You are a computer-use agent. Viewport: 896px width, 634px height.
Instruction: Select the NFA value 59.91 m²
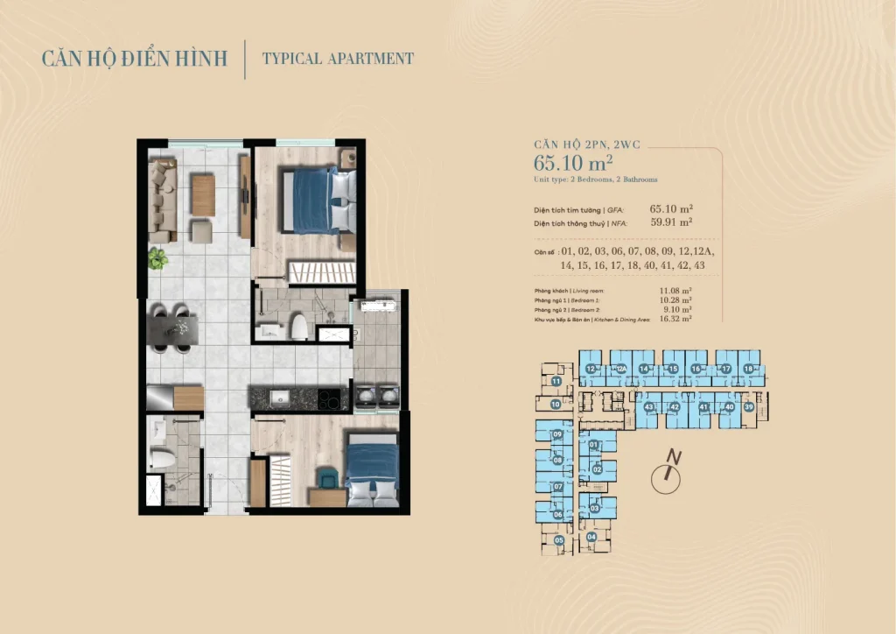pyautogui.click(x=671, y=222)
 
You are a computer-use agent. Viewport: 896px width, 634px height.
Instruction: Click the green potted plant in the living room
pyautogui.click(x=157, y=258)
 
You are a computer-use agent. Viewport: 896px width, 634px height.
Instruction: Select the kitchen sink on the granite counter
pyautogui.click(x=279, y=398)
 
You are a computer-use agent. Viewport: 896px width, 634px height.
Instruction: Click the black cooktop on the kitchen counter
pyautogui.click(x=329, y=400)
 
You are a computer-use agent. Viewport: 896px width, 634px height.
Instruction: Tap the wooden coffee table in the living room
pyautogui.click(x=202, y=194)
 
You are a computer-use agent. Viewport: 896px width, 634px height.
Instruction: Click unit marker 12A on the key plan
pyautogui.click(x=620, y=370)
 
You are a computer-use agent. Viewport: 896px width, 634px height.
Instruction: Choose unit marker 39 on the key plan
pyautogui.click(x=748, y=406)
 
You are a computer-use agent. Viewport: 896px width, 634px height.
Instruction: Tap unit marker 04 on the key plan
pyautogui.click(x=592, y=537)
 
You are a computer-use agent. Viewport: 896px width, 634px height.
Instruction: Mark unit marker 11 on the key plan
pyautogui.click(x=556, y=382)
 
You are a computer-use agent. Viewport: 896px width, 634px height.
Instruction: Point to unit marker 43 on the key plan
pyautogui.click(x=648, y=407)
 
